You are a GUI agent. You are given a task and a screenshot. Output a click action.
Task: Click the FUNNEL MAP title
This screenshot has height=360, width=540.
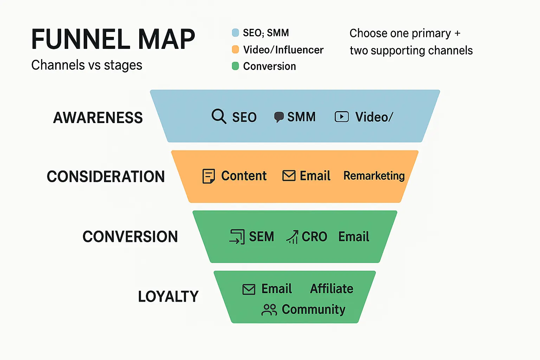pos(113,39)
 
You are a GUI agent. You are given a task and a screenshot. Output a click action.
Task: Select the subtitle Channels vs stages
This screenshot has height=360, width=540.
pos(86,65)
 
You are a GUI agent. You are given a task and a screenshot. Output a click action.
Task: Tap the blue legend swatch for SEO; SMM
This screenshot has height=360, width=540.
pos(236,33)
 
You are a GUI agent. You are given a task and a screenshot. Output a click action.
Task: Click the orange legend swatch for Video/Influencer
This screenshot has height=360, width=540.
pos(236,50)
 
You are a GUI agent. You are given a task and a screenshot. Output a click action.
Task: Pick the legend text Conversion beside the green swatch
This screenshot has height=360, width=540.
pos(269,66)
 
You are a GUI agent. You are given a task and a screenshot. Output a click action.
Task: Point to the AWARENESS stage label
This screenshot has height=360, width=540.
pos(98,118)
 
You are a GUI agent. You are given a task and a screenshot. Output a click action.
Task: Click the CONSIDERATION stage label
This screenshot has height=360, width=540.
pos(105,176)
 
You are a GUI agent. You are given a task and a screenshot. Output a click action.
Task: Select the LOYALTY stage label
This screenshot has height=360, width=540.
pos(168,297)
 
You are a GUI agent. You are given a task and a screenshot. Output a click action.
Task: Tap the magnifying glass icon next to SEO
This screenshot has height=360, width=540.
pos(219,116)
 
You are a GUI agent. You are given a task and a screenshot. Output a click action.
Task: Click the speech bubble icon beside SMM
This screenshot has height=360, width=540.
pos(279,117)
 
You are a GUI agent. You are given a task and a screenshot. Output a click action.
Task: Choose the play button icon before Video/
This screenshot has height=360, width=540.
pos(341,117)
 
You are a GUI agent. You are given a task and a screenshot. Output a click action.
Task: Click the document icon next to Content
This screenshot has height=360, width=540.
pos(208,176)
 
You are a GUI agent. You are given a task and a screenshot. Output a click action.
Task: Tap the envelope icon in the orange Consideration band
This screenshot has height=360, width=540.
pos(289,175)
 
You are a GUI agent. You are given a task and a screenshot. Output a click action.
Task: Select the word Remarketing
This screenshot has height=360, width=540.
pos(374,176)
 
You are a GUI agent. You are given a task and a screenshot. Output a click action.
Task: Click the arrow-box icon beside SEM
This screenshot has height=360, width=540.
pos(237,237)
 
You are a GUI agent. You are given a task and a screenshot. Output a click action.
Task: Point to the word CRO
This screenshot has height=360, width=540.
pos(314,237)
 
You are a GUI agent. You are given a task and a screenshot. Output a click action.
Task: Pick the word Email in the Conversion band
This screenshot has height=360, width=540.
pos(353,237)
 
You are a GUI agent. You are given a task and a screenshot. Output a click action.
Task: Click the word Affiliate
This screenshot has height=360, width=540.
pos(332,289)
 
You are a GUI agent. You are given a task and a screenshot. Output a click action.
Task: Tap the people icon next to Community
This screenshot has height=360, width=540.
pos(269,310)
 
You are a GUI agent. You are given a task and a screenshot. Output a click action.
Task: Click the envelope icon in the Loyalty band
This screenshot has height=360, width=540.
pos(249,289)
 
